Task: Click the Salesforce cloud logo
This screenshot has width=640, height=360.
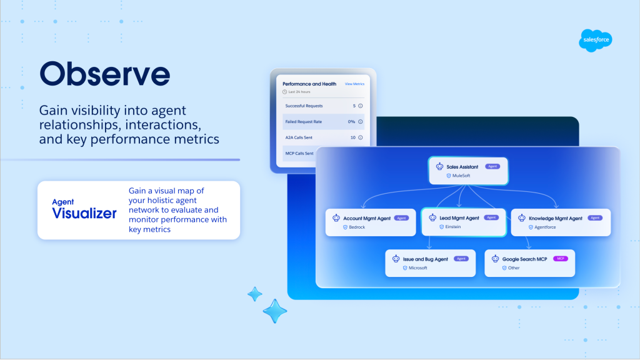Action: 596,40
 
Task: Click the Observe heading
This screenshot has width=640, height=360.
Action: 104,74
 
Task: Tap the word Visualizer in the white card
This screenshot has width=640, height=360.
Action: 84,213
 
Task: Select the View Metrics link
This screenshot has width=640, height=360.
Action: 354,84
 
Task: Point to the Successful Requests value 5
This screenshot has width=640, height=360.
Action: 354,106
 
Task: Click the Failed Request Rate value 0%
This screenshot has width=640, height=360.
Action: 351,122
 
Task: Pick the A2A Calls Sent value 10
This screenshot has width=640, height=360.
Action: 353,137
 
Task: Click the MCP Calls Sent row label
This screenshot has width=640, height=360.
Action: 299,154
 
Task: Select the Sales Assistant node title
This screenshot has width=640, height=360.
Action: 462,167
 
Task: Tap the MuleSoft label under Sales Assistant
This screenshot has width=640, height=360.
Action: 461,176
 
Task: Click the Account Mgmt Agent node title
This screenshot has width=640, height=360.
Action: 367,218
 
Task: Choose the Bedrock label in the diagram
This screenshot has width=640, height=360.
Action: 357,227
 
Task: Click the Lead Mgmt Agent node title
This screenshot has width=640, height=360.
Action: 459,218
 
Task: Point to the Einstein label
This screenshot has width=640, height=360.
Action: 453,227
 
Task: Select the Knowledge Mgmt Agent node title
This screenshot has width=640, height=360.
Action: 556,218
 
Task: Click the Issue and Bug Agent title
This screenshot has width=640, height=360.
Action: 425,259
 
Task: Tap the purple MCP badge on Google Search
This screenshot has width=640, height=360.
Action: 561,259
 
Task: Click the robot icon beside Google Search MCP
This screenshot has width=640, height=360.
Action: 495,259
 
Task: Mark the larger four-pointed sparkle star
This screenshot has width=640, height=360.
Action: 275,311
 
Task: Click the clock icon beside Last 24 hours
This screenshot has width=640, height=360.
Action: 285,92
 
